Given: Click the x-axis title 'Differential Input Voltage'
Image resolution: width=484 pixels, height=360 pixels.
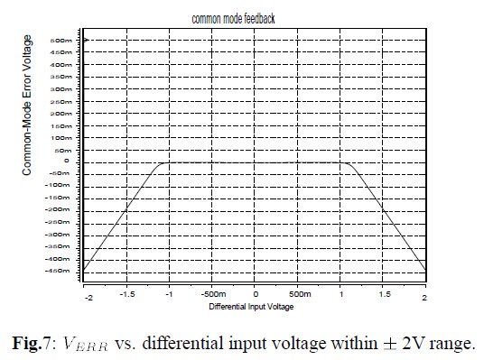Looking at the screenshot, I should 252,308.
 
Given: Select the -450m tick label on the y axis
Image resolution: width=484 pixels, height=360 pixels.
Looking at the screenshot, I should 59,270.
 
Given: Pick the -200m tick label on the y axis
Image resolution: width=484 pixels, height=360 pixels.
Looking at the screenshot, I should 59,209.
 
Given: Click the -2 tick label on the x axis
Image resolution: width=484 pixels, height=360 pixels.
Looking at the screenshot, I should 88,296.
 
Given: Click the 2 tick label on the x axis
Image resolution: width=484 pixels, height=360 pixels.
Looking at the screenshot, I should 424,296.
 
